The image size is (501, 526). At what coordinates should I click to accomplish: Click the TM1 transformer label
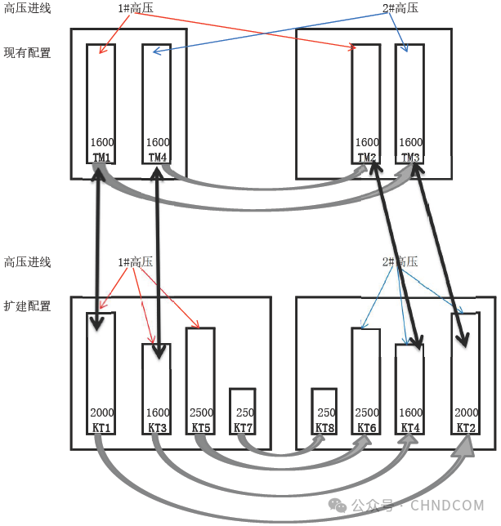(101, 156)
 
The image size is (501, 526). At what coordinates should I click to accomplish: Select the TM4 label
(158, 156)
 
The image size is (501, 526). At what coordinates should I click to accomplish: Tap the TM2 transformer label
(367, 156)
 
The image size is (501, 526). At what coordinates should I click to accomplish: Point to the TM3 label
(411, 156)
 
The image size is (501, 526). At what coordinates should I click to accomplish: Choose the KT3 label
(157, 427)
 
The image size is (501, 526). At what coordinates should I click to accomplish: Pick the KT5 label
(200, 427)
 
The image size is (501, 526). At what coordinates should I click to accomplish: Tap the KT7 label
(243, 427)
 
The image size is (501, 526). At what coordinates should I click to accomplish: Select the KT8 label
(324, 427)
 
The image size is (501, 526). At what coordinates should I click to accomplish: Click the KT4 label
(409, 427)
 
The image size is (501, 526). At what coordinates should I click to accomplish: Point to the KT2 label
(466, 427)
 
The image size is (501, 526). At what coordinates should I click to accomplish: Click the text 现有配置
(27, 53)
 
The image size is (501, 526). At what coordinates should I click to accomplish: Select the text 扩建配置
(27, 306)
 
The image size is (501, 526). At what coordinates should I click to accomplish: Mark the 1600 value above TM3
(411, 142)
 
